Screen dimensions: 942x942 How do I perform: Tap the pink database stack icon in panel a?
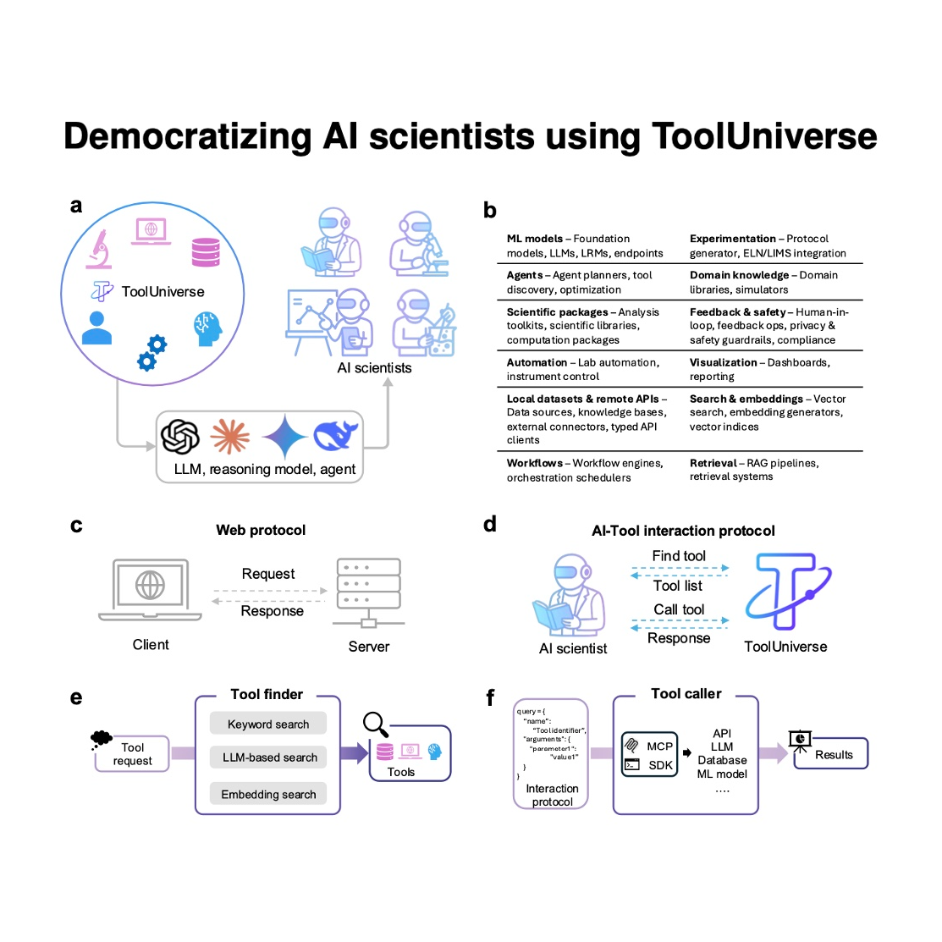pyautogui.click(x=206, y=251)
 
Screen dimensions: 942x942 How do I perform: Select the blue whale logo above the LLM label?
pyautogui.click(x=336, y=435)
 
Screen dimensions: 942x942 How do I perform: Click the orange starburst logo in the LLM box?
pyautogui.click(x=229, y=436)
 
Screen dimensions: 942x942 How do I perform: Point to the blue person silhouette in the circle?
pyautogui.click(x=96, y=328)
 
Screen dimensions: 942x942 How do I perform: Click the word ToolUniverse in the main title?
pyautogui.click(x=764, y=136)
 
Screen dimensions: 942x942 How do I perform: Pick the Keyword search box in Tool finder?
pyautogui.click(x=268, y=724)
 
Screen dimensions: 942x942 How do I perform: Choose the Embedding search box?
pyautogui.click(x=268, y=794)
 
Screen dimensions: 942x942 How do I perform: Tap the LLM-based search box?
pyautogui.click(x=269, y=757)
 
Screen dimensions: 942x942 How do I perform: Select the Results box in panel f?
pyautogui.click(x=833, y=754)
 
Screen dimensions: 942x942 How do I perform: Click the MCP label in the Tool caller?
pyautogui.click(x=659, y=746)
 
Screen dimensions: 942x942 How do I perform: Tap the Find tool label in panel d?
pyautogui.click(x=679, y=556)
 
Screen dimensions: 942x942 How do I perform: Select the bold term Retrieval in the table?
pyautogui.click(x=713, y=463)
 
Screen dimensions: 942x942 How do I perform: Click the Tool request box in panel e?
pyautogui.click(x=133, y=754)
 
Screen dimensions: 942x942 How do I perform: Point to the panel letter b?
pyautogui.click(x=490, y=211)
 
